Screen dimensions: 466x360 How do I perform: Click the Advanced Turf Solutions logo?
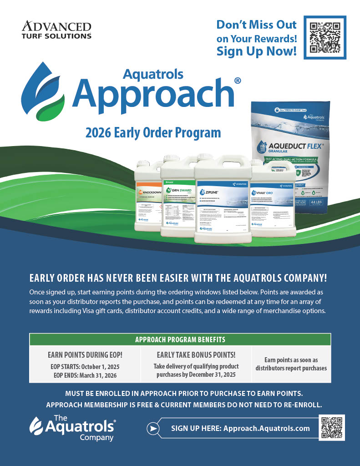pyautogui.click(x=56, y=30)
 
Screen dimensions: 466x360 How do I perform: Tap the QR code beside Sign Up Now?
pyautogui.click(x=325, y=37)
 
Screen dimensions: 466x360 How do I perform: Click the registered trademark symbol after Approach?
pyautogui.click(x=238, y=81)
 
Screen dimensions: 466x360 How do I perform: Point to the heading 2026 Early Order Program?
pyautogui.click(x=153, y=133)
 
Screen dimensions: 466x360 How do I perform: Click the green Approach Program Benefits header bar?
pyautogui.click(x=180, y=339)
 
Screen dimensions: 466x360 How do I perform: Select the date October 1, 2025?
pyautogui.click(x=101, y=367)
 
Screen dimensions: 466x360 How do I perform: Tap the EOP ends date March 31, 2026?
pyautogui.click(x=101, y=375)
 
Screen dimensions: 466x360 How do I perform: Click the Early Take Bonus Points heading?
pyautogui.click(x=196, y=355)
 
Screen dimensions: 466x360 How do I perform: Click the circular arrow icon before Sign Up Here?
pyautogui.click(x=154, y=428)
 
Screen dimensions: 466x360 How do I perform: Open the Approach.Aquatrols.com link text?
pyautogui.click(x=266, y=428)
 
